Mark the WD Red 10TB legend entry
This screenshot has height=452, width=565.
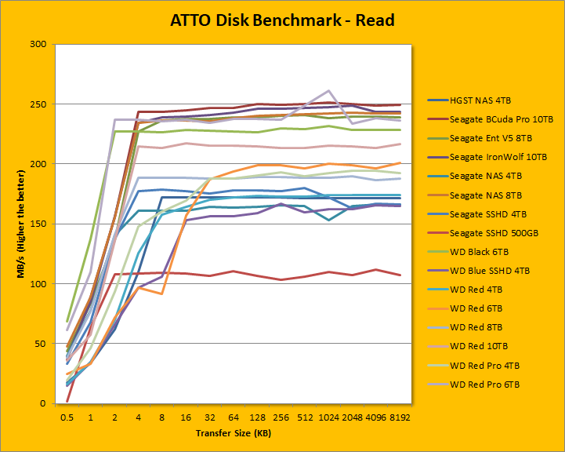point(480,345)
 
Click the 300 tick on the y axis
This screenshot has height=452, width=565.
point(38,44)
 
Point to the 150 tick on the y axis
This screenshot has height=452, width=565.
point(38,224)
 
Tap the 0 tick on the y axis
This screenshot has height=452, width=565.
point(43,403)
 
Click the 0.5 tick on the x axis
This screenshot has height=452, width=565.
point(67,418)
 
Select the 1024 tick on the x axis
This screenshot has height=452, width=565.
point(328,418)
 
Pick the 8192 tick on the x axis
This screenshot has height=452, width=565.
point(400,418)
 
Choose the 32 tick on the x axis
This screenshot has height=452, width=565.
point(210,418)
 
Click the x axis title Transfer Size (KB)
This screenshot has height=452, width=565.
point(233,433)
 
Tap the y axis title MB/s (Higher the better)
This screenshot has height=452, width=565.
point(13,224)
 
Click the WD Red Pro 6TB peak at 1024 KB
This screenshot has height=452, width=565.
point(328,91)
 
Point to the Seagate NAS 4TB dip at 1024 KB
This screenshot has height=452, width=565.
point(328,220)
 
